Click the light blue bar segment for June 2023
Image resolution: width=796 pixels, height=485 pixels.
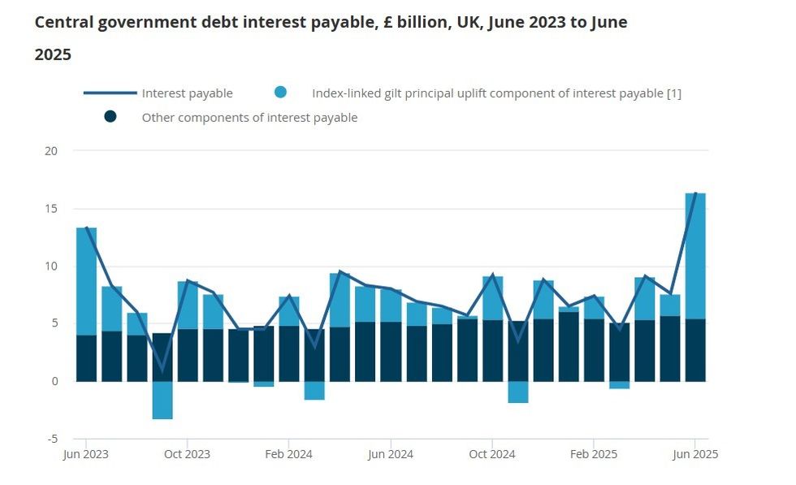(x=86, y=280)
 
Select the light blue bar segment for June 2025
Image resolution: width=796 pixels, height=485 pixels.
(x=695, y=256)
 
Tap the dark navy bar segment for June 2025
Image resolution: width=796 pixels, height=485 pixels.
(x=695, y=350)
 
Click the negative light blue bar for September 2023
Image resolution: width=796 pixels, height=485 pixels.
(x=162, y=400)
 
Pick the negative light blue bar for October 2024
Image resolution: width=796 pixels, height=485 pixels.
(x=518, y=392)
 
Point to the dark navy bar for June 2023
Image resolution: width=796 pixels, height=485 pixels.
(x=86, y=358)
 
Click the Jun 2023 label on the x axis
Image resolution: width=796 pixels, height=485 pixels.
(x=86, y=454)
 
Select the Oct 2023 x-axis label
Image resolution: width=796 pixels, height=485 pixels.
(x=188, y=454)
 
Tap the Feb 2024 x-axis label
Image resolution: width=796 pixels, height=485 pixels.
(x=289, y=454)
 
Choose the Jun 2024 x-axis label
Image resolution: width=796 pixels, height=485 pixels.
(x=391, y=454)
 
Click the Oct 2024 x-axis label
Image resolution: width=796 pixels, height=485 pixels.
(x=492, y=454)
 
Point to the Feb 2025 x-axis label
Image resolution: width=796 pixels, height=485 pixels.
(x=594, y=454)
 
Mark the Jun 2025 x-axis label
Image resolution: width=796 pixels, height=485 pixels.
(x=695, y=454)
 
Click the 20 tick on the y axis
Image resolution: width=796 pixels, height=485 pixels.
(x=52, y=151)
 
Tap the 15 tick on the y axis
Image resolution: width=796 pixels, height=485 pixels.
(x=52, y=209)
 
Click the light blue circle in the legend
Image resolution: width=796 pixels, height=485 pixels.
(x=280, y=93)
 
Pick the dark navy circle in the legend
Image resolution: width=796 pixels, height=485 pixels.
(x=110, y=117)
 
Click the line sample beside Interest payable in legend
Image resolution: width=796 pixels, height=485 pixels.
(x=110, y=93)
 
